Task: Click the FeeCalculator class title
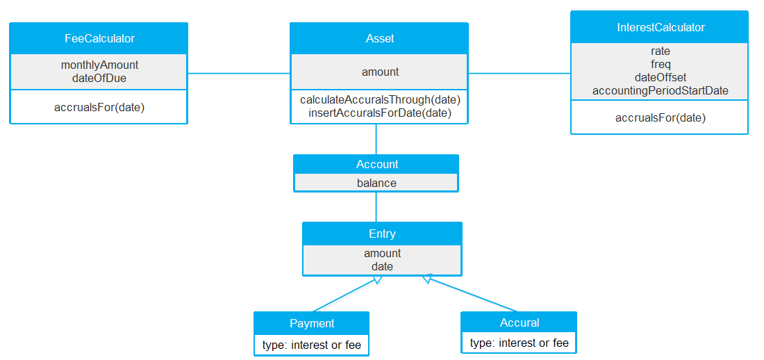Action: (99, 38)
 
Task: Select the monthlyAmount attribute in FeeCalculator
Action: (99, 65)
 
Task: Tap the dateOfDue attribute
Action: (99, 78)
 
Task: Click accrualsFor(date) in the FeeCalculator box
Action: (99, 107)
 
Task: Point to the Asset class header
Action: (379, 38)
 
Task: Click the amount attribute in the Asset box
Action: (380, 72)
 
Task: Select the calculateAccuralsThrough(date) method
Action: (380, 99)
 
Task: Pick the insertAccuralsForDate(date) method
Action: (380, 113)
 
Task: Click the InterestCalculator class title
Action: (660, 27)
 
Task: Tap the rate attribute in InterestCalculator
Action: (660, 51)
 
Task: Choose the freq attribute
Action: (660, 64)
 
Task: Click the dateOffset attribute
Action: (660, 77)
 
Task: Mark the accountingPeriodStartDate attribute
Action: (660, 90)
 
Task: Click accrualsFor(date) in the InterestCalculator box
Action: (660, 117)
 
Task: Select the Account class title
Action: (376, 164)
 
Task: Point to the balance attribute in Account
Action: (376, 183)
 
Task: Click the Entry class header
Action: (382, 234)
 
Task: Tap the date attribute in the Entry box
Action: (382, 266)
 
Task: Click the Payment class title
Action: (312, 323)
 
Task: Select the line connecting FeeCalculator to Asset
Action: (238, 73)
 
